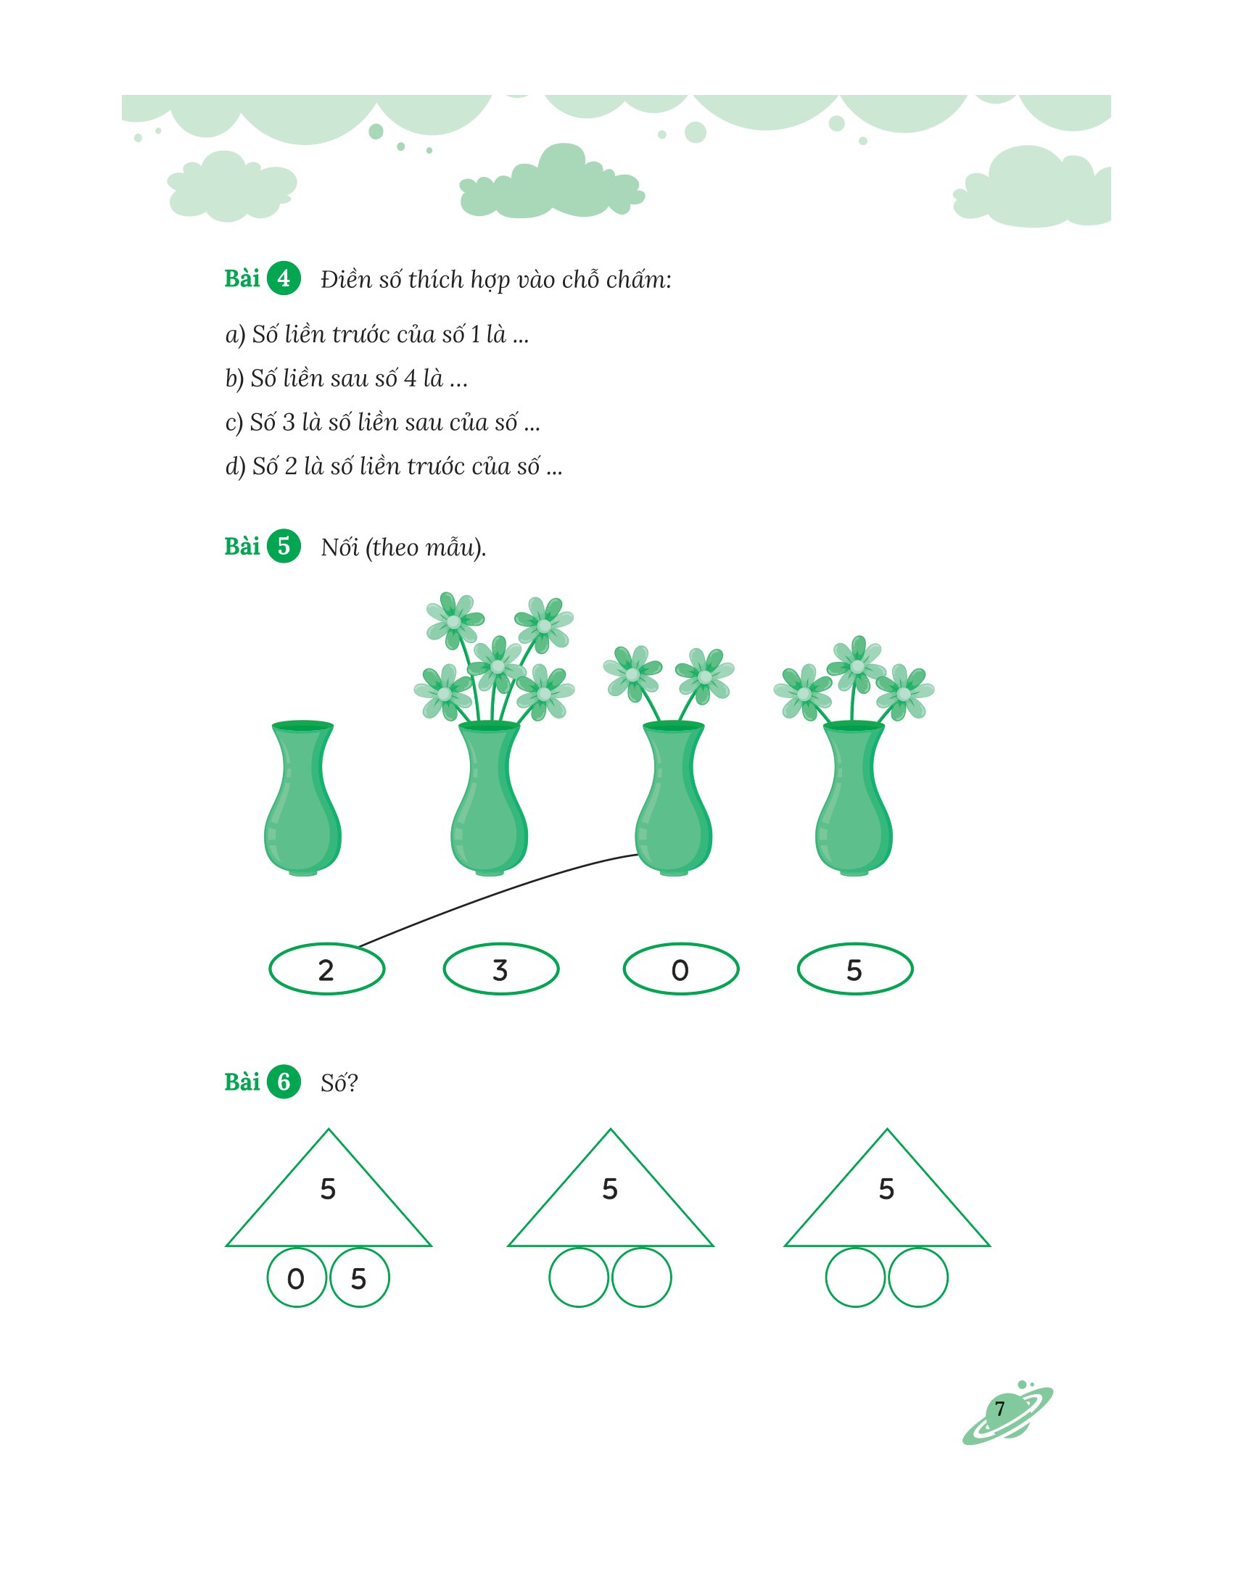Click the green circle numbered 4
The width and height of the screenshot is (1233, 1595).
pos(284,278)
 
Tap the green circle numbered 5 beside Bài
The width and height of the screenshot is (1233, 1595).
pos(284,545)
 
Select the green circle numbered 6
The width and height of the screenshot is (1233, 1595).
pos(284,1082)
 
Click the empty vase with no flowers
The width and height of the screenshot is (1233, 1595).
pos(302,798)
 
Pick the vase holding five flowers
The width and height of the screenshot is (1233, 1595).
pos(490,798)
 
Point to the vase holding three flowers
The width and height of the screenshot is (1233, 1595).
pos(854,798)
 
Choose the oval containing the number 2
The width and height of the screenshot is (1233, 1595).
pos(326,969)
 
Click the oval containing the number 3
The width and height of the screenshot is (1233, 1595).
pos(500,969)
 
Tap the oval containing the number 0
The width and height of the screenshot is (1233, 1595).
pos(681,969)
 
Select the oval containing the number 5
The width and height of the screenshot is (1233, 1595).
pos(854,969)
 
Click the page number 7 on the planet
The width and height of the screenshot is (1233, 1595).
pos(1000,1408)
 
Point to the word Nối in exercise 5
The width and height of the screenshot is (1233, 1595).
pos(339,547)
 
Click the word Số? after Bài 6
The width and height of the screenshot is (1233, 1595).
pos(339,1082)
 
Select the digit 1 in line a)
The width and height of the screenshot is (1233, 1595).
pos(476,334)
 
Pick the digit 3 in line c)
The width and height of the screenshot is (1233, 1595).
pos(289,422)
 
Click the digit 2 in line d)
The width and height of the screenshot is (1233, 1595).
pos(291,466)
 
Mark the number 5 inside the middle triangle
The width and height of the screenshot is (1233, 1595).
pos(610,1189)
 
